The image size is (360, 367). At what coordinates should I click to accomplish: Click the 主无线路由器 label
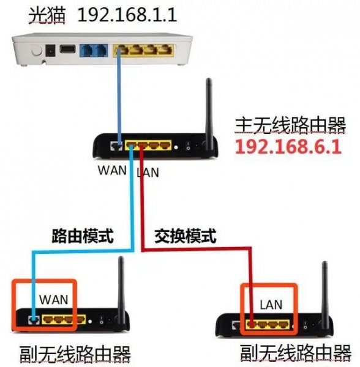tap(287, 124)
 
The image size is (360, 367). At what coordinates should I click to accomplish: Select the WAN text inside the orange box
tap(53, 300)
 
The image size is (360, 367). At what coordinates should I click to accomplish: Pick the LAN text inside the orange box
tap(271, 302)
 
